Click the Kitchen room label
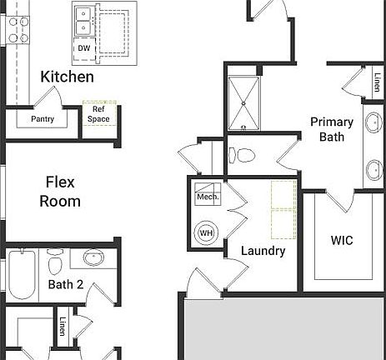[x=68, y=77]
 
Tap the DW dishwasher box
[x=83, y=48]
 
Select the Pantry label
[x=43, y=118]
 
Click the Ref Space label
[x=98, y=114]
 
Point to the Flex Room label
[x=61, y=191]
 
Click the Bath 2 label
[x=66, y=284]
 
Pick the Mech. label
[x=207, y=197]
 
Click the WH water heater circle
[x=205, y=232]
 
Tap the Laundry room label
[x=263, y=251]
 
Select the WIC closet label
[x=342, y=241]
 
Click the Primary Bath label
[x=332, y=129]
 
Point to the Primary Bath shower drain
[x=243, y=103]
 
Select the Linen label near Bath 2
[x=63, y=322]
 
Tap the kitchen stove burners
[x=18, y=29]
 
